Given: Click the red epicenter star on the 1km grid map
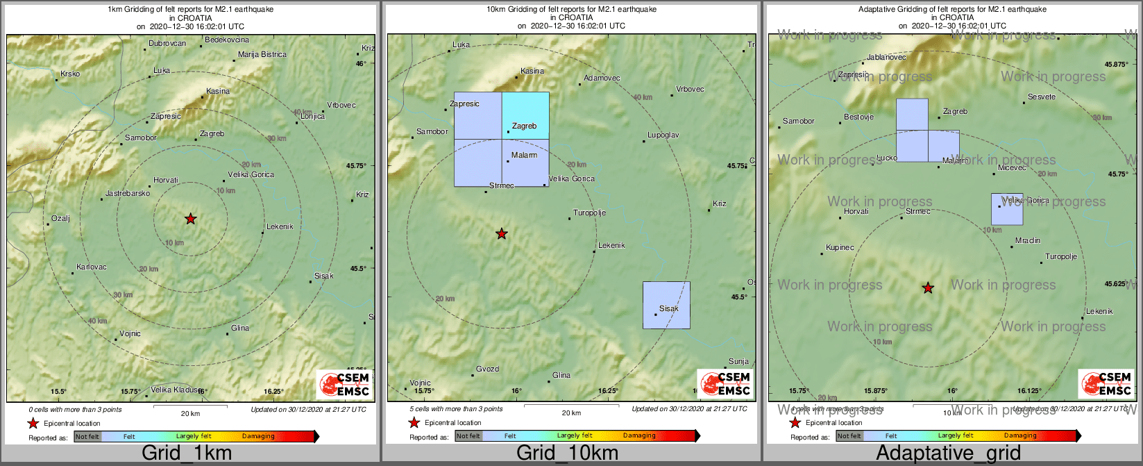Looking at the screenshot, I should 190,219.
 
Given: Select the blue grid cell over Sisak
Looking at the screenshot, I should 666,304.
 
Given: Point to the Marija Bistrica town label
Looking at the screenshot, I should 262,54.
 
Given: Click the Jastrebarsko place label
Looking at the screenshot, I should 128,193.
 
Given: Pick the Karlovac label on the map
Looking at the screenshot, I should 92,267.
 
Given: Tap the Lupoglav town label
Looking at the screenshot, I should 663,135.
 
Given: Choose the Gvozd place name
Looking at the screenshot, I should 487,369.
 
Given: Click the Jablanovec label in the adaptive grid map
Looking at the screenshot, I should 887,57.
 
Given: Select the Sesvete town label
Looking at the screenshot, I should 1042,97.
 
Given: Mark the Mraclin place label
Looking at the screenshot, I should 1028,240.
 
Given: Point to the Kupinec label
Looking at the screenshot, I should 840,247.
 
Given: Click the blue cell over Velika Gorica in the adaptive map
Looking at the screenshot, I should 1006,209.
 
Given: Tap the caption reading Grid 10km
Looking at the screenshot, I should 567,453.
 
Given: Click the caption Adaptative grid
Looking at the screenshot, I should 948,453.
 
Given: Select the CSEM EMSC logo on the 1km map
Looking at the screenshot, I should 344,384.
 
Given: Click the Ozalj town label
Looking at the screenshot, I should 60,218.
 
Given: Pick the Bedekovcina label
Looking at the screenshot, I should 227,40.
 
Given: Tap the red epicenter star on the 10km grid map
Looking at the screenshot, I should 502,234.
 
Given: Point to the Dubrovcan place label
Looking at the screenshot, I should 167,43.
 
